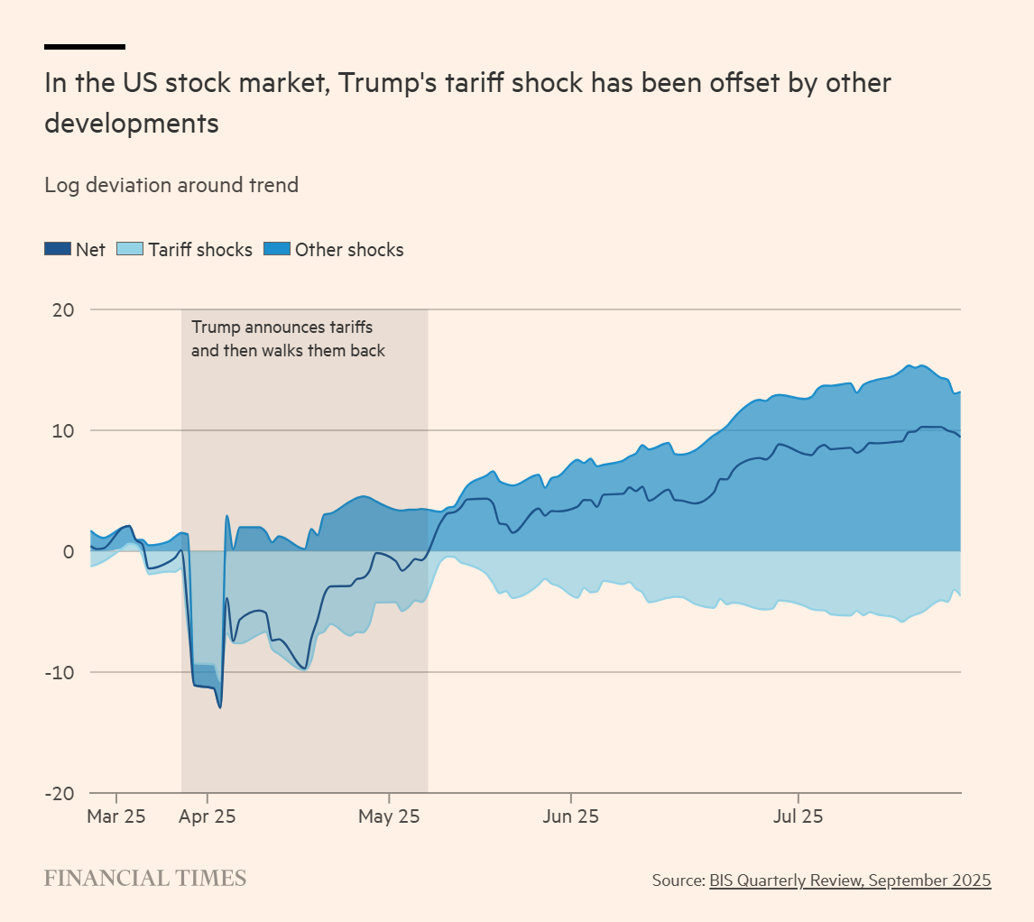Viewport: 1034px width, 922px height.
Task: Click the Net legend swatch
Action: [58, 250]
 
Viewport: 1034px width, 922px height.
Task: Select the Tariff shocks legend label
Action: [200, 250]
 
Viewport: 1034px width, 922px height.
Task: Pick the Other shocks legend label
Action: [349, 250]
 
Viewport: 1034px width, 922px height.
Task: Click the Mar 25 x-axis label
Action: [117, 816]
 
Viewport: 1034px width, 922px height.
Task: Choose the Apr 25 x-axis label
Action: [208, 816]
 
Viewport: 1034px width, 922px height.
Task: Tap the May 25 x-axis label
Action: [389, 816]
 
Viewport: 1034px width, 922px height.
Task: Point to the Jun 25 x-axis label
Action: [571, 816]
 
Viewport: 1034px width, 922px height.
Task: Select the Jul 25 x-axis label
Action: [799, 816]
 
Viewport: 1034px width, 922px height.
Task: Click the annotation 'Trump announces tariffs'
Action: [282, 327]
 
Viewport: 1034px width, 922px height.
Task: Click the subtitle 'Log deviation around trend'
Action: [171, 185]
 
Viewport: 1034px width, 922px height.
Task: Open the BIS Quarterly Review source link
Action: [850, 880]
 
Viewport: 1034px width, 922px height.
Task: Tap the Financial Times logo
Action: [145, 879]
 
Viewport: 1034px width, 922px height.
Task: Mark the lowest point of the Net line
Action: [220, 707]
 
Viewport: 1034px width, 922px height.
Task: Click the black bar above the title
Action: [85, 46]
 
